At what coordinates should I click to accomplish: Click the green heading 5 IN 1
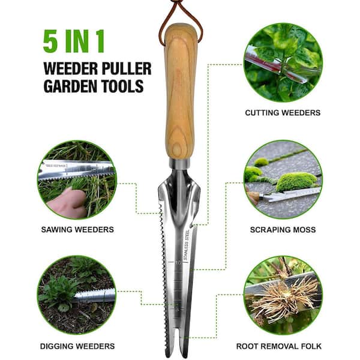click(74, 41)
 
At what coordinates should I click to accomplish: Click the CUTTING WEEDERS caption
click(283, 113)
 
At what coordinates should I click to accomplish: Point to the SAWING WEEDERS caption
click(77, 230)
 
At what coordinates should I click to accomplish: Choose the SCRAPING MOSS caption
click(283, 230)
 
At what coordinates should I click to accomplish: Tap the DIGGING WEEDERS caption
click(77, 346)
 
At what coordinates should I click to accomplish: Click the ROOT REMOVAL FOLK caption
click(279, 346)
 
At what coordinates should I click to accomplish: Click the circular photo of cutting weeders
click(283, 62)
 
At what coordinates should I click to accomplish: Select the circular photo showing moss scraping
click(283, 179)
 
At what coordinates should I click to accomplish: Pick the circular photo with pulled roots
click(283, 295)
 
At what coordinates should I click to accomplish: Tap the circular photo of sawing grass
click(77, 180)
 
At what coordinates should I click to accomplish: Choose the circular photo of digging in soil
click(77, 295)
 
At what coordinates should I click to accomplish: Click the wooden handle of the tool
click(181, 92)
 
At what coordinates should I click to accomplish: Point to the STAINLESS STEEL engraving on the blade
click(186, 245)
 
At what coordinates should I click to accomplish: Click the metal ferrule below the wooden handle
click(180, 163)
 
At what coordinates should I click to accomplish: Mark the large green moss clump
click(296, 182)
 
